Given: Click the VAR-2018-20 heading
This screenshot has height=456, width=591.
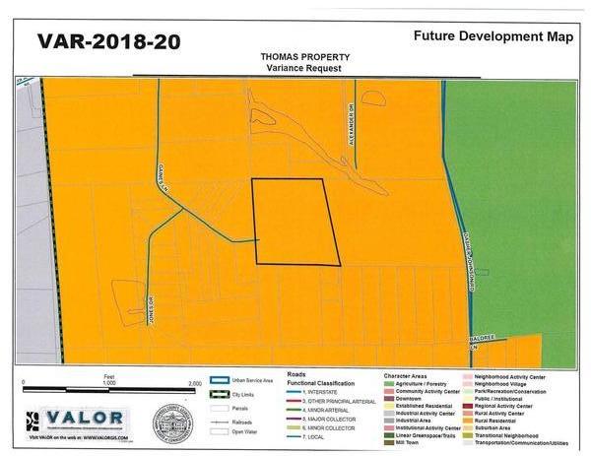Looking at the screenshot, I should tap(108, 41).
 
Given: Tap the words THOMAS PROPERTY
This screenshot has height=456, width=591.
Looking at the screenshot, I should tap(297, 57).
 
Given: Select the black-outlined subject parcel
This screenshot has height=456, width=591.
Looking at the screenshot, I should tap(295, 222).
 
